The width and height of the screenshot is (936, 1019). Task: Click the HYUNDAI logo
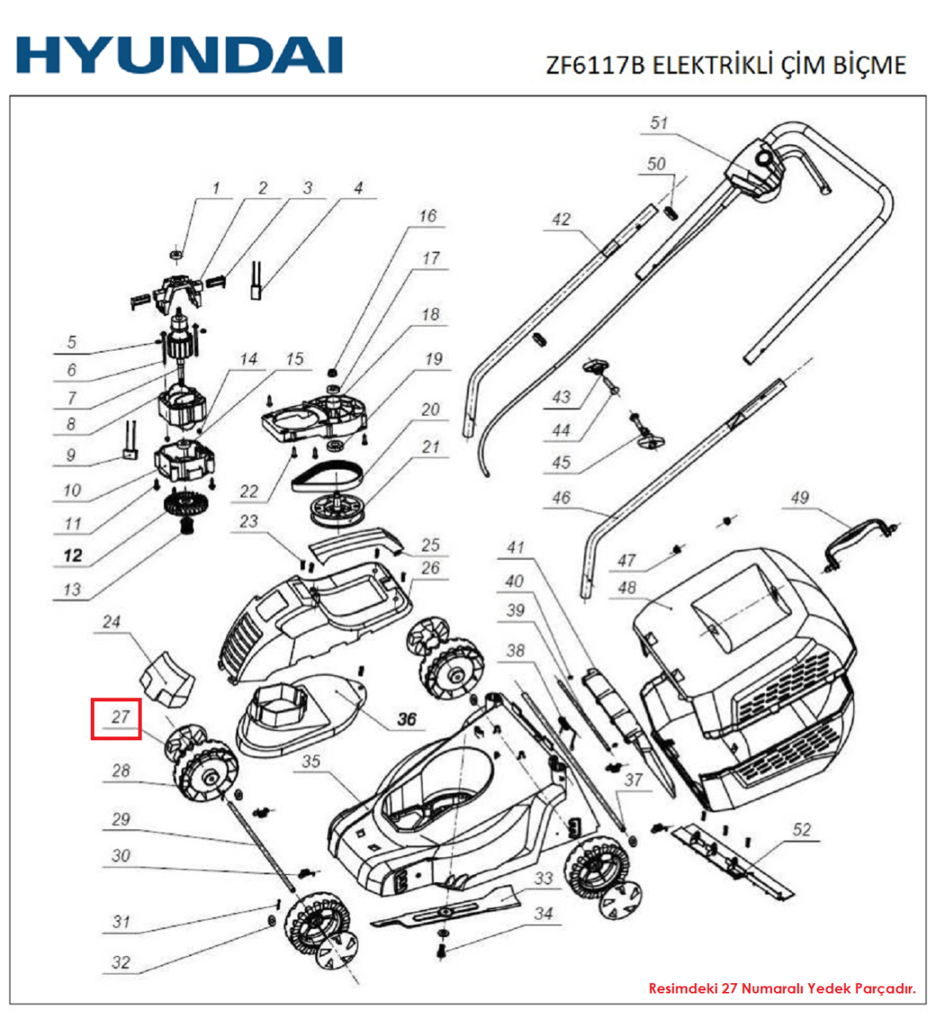(179, 56)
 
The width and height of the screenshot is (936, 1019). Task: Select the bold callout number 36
(407, 719)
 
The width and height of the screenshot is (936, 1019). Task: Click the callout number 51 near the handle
(659, 123)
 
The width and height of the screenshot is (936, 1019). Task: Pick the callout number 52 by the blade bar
(801, 830)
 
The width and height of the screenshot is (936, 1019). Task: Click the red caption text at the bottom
(782, 988)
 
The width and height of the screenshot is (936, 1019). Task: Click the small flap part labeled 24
(169, 677)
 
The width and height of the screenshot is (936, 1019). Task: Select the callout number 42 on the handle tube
(561, 219)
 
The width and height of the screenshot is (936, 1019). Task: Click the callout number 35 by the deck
(310, 761)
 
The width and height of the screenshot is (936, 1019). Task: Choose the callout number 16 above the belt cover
(427, 216)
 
